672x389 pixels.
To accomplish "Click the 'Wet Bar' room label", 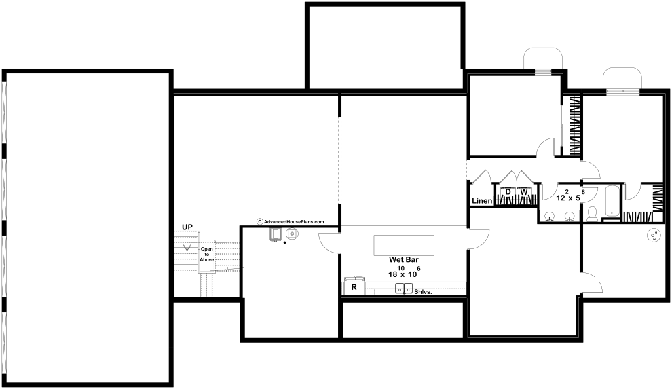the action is (x=404, y=259).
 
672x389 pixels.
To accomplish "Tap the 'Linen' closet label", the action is (x=482, y=200).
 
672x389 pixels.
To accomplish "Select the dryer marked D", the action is (x=508, y=192).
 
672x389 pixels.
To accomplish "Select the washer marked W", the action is (x=524, y=192).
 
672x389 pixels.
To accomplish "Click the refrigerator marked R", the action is (x=354, y=287).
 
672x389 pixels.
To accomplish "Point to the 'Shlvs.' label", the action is (x=424, y=292).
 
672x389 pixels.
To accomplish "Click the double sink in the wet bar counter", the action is (x=404, y=289).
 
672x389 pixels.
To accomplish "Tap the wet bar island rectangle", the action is (x=404, y=245).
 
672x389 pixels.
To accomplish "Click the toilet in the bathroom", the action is (x=593, y=214).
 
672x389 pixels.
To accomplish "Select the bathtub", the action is (x=612, y=201).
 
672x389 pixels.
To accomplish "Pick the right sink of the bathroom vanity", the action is (x=569, y=217).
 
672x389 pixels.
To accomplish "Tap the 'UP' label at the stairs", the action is (x=187, y=227).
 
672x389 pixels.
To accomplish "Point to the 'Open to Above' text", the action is (x=207, y=255).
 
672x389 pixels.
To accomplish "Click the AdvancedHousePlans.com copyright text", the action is (x=291, y=221).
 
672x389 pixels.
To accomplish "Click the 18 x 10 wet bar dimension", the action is (x=404, y=272).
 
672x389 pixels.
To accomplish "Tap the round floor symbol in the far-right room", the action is (x=654, y=236).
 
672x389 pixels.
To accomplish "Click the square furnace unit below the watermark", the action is (x=275, y=234).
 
